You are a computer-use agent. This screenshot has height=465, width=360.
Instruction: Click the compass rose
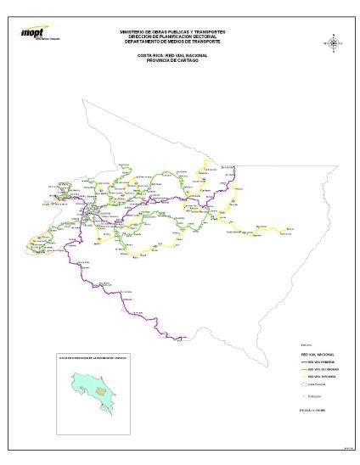coord(334,42)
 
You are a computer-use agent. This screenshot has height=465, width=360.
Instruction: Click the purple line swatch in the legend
coord(295,361)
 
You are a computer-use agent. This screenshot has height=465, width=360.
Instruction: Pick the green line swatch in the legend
coord(295,369)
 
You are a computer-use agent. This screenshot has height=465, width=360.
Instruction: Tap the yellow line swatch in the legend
coord(295,377)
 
